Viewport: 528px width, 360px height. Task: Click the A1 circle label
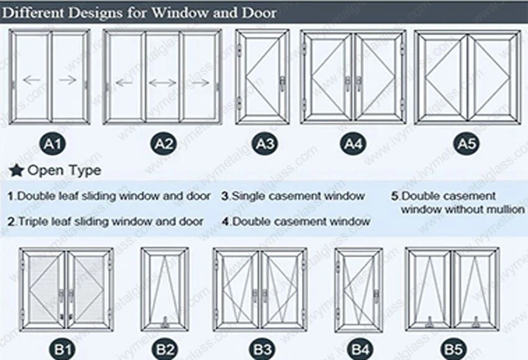[x=53, y=145]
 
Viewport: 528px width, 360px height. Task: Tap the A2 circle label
[x=163, y=145]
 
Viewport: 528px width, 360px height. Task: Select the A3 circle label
[x=265, y=145]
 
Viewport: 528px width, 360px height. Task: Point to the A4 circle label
[x=353, y=145]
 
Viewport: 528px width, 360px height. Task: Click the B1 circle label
[x=64, y=349]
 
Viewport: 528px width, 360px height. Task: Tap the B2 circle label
[x=164, y=349]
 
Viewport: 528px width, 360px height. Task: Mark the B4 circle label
[x=359, y=349]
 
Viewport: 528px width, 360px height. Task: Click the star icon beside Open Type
[x=17, y=170]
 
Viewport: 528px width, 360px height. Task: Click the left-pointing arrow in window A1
[x=31, y=79]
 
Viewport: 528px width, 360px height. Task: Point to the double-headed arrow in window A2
[x=163, y=81]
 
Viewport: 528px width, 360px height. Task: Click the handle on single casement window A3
[x=283, y=81]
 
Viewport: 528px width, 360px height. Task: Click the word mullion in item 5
[x=505, y=210]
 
